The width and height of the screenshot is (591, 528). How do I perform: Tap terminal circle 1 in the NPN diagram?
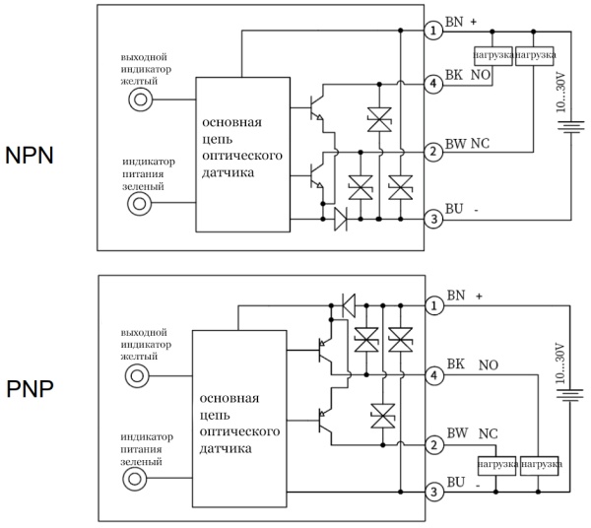(x=432, y=31)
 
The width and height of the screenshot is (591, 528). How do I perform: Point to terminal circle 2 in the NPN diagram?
(x=432, y=152)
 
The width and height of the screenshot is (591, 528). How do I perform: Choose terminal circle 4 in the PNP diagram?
(x=432, y=375)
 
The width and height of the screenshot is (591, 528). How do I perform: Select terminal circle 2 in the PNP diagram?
(x=432, y=445)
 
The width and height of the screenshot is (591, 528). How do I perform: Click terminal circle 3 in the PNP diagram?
(x=432, y=490)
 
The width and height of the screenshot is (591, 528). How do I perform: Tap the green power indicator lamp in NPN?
(x=141, y=203)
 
